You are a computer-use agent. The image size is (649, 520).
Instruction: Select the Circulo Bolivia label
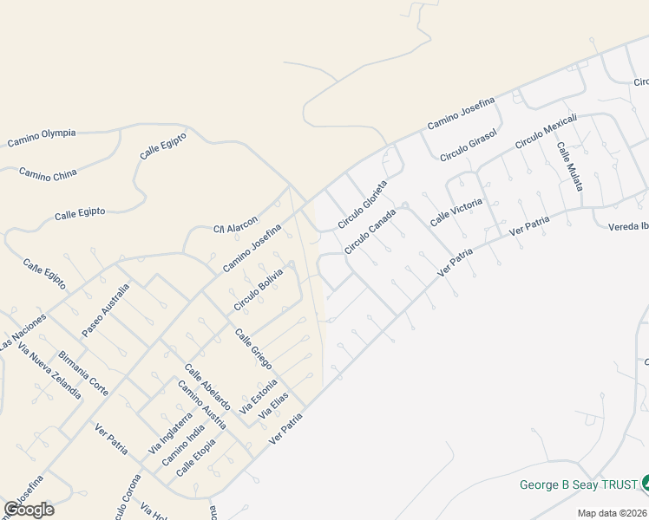click(x=259, y=290)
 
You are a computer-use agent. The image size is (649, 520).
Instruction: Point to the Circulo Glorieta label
click(x=362, y=205)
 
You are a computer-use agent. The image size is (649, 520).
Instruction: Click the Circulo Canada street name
click(x=370, y=231)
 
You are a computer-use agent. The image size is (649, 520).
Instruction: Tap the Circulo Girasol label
click(x=468, y=145)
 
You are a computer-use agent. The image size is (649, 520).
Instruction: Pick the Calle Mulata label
click(x=570, y=166)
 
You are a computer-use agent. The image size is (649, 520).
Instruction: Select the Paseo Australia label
click(x=105, y=310)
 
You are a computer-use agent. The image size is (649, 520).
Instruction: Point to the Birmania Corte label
click(x=83, y=374)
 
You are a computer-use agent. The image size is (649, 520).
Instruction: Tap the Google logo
click(x=29, y=510)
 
